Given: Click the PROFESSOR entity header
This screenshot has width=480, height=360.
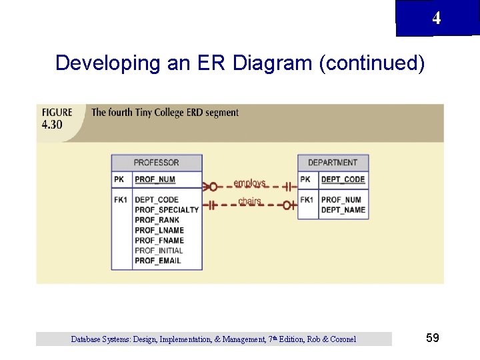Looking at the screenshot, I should [x=156, y=163].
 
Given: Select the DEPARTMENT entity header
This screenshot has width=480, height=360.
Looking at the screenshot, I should [x=333, y=163].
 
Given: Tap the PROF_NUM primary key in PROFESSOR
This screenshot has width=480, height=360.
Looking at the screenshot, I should [x=155, y=179].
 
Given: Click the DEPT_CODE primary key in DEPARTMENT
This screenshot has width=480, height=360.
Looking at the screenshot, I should [x=343, y=179].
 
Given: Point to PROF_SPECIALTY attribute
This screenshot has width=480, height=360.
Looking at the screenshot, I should [x=167, y=210].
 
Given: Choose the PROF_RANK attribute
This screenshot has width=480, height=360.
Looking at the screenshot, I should [x=157, y=220].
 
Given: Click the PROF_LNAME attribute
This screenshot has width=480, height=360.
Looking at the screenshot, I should [x=159, y=231].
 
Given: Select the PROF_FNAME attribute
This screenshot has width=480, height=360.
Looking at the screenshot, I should [x=159, y=241].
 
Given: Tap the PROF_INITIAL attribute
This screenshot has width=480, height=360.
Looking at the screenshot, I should [x=159, y=251].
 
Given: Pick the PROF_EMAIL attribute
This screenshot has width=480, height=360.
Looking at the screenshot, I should [x=158, y=261].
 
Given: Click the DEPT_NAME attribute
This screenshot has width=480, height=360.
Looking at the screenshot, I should [x=343, y=210].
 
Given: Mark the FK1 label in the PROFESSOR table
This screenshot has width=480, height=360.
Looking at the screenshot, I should [x=120, y=199].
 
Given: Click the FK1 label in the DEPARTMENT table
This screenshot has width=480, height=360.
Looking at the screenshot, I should [x=307, y=199].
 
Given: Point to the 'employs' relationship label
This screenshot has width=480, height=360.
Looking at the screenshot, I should [x=249, y=183].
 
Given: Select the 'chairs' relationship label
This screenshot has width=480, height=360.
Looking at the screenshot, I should [x=249, y=201].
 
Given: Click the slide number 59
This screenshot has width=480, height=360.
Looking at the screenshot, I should [x=432, y=339].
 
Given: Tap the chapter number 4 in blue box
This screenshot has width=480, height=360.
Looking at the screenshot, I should [x=436, y=19].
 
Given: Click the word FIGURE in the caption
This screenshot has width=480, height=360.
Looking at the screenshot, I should [x=57, y=113].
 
